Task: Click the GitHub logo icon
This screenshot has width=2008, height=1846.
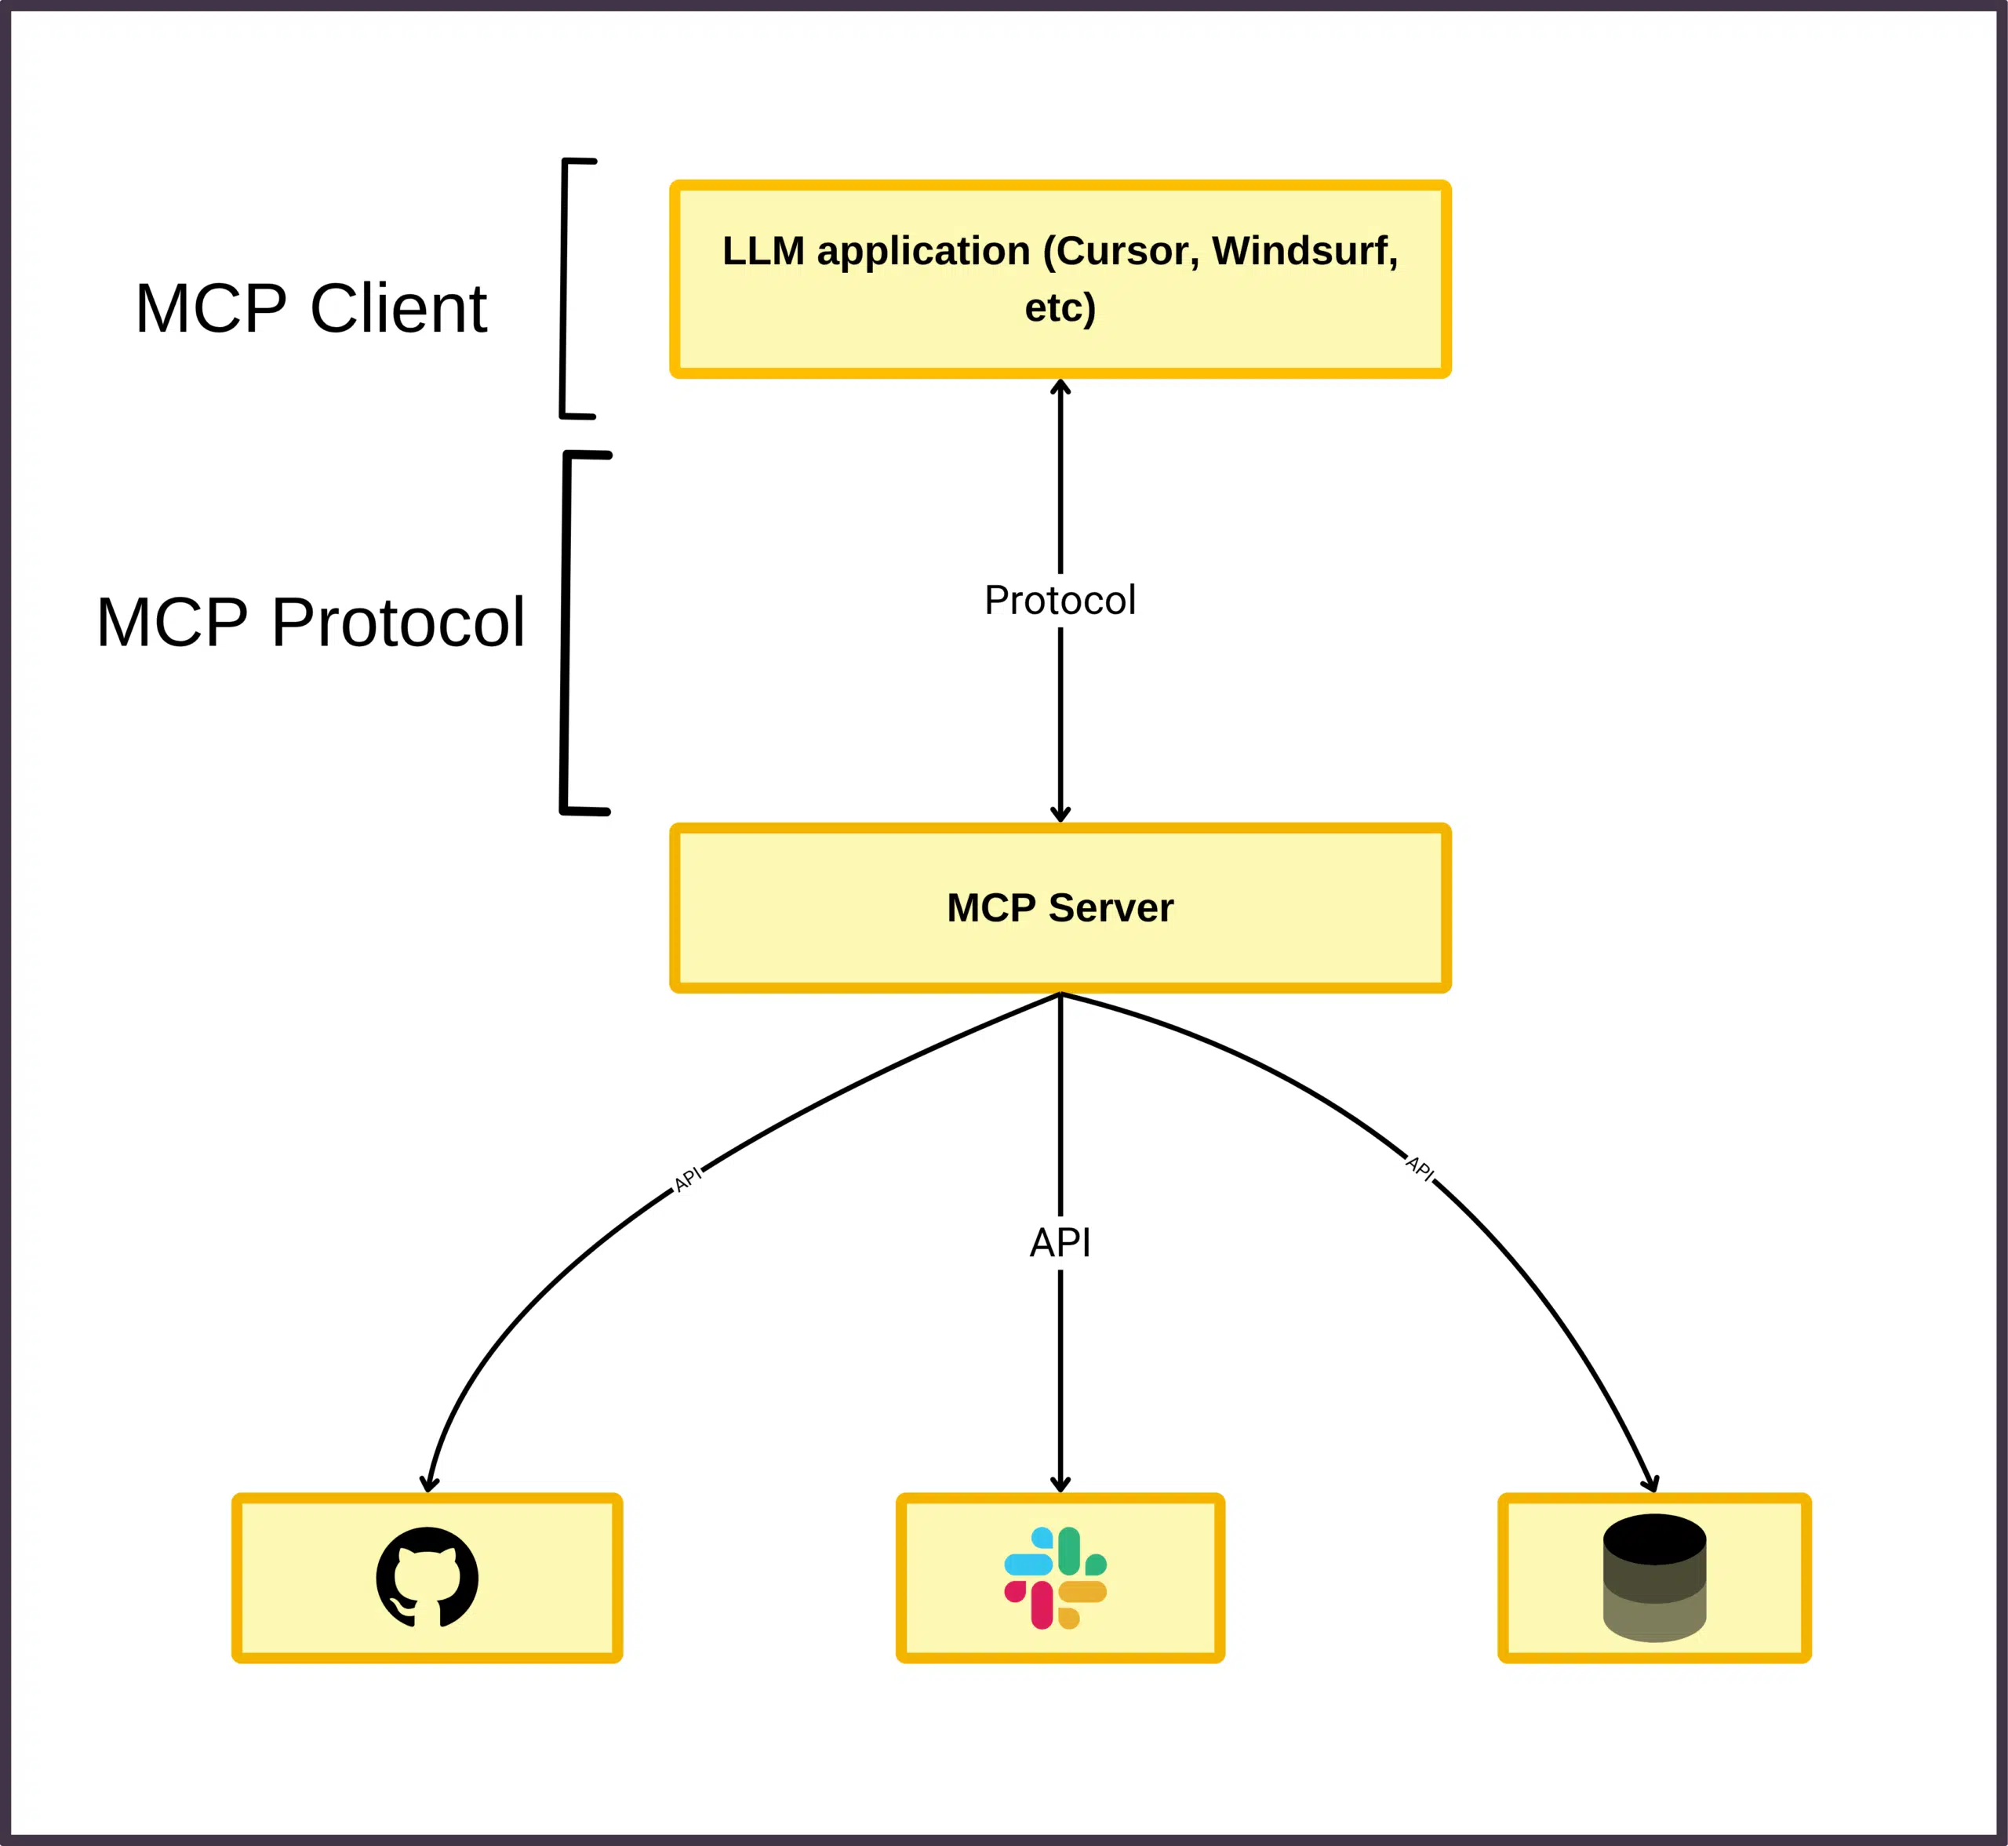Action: [427, 1577]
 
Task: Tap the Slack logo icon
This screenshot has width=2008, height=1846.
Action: [1056, 1577]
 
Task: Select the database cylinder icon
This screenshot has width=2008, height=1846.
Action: [1654, 1577]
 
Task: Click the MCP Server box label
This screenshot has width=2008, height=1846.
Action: [1060, 908]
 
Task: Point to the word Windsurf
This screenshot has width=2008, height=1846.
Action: [1304, 251]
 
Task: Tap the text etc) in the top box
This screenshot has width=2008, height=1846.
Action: [1060, 307]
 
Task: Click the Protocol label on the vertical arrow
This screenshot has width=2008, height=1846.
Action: [1060, 601]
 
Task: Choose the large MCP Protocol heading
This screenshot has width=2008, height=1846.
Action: [311, 623]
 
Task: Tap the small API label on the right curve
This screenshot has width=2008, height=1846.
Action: [1420, 1168]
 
